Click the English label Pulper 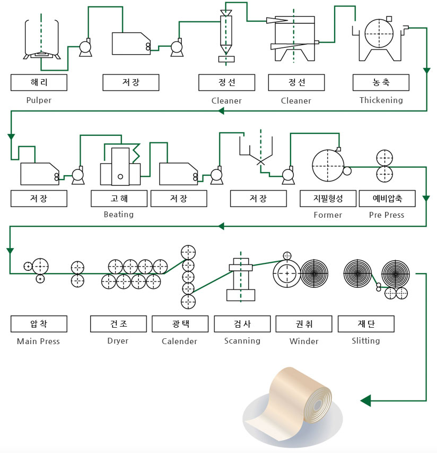pyautogui.click(x=39, y=100)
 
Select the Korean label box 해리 pyautogui.click(x=39, y=82)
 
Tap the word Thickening pyautogui.click(x=381, y=100)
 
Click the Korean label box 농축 pyautogui.click(x=381, y=82)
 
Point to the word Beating pyautogui.click(x=119, y=215)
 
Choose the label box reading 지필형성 pyautogui.click(x=328, y=198)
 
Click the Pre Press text pyautogui.click(x=387, y=215)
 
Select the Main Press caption pyautogui.click(x=39, y=341)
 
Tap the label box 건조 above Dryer pyautogui.click(x=118, y=324)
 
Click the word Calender pyautogui.click(x=180, y=341)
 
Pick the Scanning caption pyautogui.click(x=242, y=341)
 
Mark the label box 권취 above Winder pyautogui.click(x=304, y=324)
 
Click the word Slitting pyautogui.click(x=366, y=341)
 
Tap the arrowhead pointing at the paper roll pyautogui.click(x=365, y=400)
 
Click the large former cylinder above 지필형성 pyautogui.click(x=327, y=166)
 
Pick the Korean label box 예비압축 pyautogui.click(x=387, y=198)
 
